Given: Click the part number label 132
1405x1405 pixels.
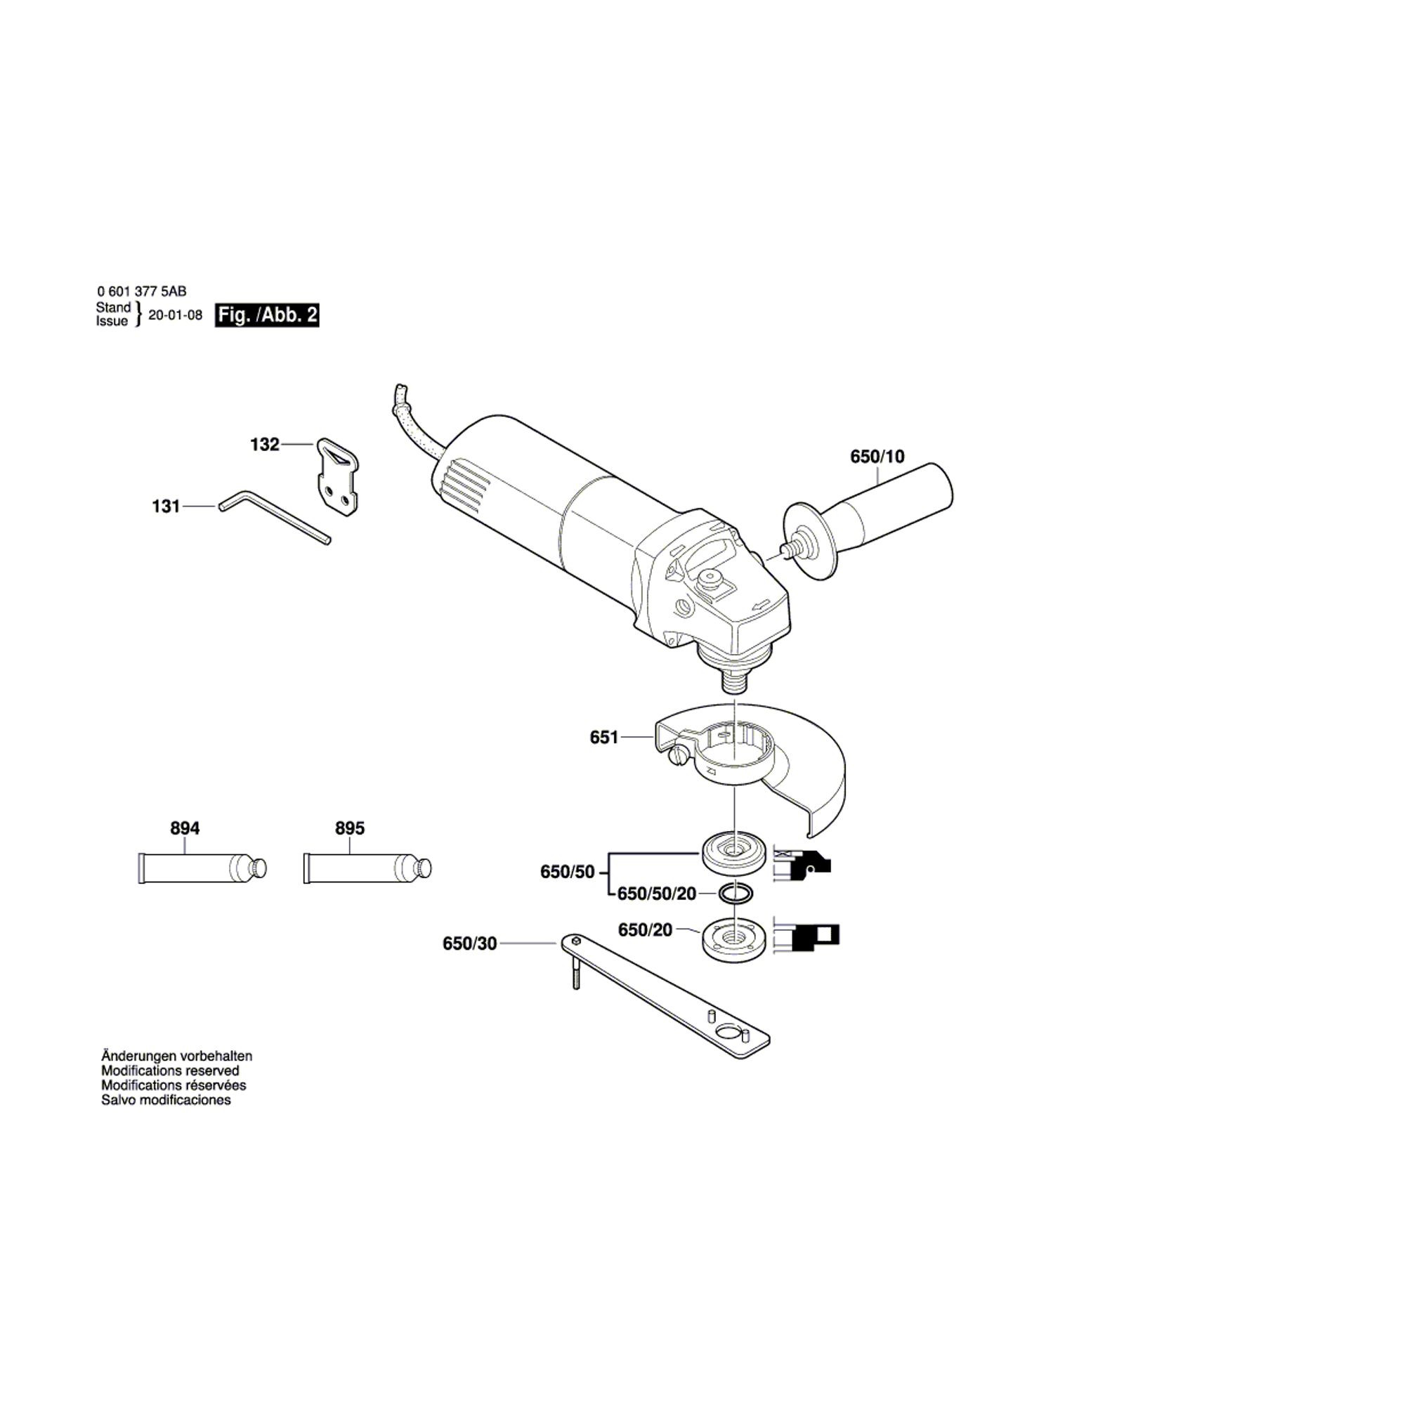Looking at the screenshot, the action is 265,445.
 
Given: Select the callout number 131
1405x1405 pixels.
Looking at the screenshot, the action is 166,506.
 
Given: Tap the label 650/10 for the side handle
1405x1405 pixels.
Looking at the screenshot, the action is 877,457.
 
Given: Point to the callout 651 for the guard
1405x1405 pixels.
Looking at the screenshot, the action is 603,738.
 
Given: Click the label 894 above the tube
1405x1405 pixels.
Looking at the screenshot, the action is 185,828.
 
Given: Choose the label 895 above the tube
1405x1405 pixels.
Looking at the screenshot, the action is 350,828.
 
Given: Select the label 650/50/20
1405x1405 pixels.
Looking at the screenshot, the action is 657,894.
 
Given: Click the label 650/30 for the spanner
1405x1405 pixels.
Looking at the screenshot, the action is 470,944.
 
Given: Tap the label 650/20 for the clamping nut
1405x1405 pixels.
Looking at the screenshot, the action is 645,930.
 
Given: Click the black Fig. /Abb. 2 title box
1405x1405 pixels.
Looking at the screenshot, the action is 267,315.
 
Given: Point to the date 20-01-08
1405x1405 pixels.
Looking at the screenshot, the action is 175,315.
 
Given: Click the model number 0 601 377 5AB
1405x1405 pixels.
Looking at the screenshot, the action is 142,292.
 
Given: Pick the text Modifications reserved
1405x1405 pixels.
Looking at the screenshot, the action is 170,1071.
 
